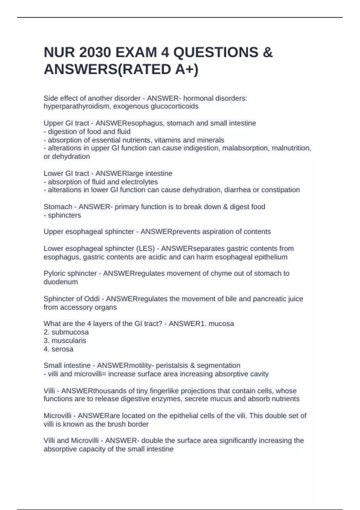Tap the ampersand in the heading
click(268, 52)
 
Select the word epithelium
click(271, 257)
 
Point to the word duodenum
click(61, 282)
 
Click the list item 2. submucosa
click(66, 332)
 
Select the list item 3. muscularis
click(65, 340)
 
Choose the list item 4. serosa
click(58, 349)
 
